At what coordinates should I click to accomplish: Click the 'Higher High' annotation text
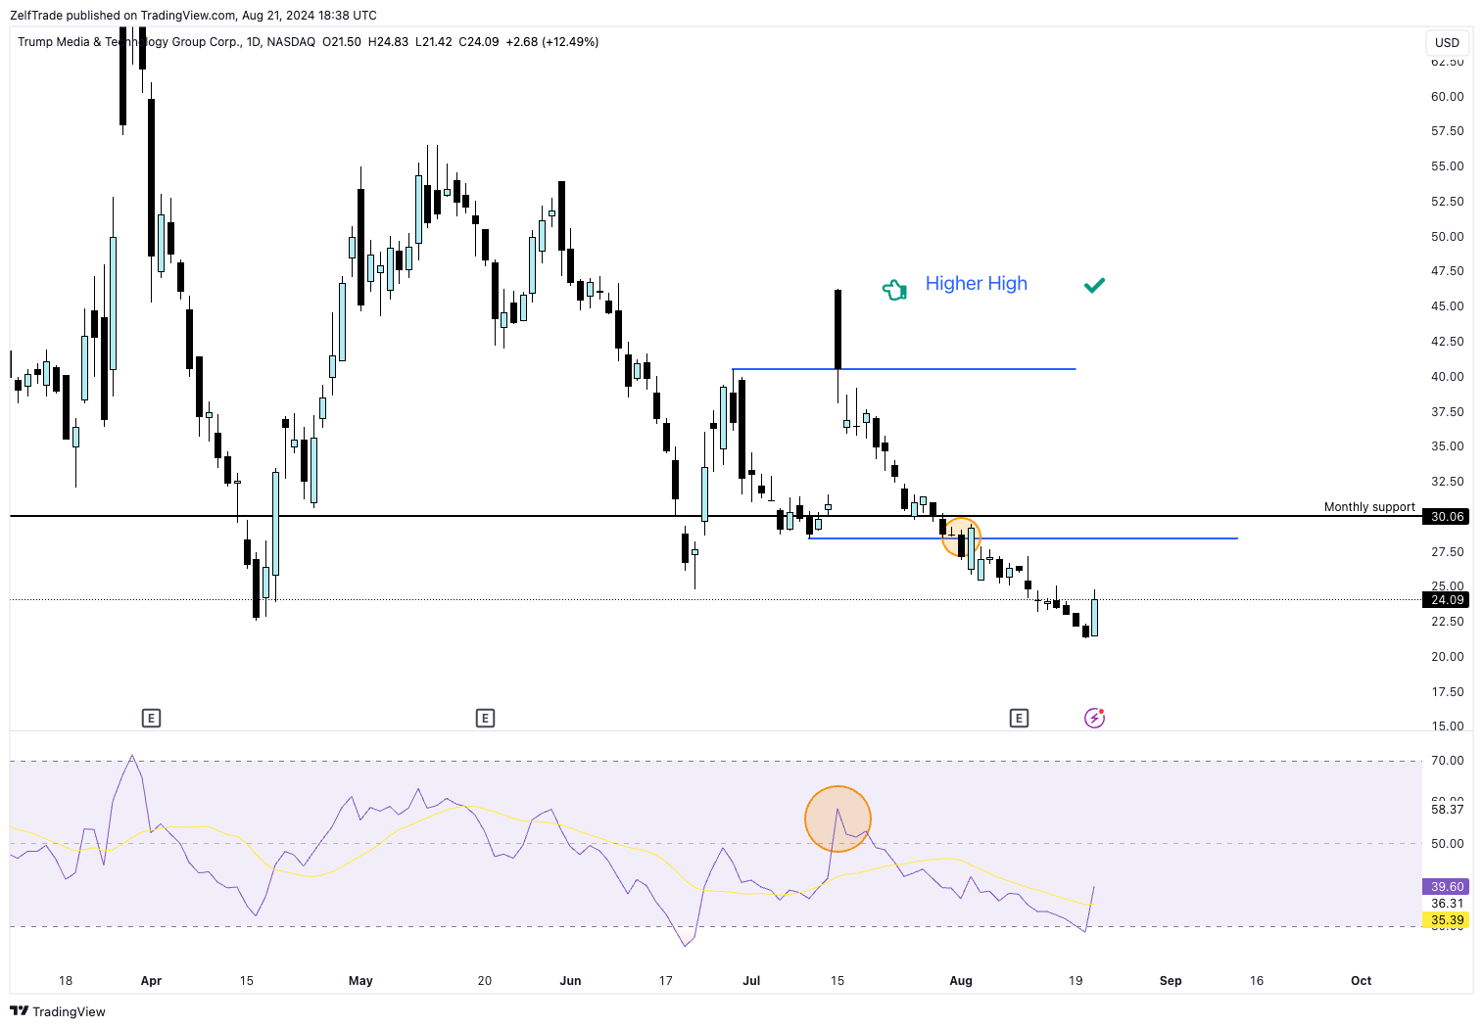point(976,284)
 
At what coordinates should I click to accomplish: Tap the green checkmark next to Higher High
point(1094,285)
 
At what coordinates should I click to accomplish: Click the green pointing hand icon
point(894,289)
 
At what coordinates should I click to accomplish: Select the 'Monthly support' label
point(1368,507)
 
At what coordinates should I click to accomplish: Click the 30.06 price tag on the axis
point(1447,517)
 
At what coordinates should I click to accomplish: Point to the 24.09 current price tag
point(1447,600)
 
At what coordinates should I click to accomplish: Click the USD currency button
point(1447,43)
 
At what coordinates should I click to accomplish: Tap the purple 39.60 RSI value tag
point(1447,887)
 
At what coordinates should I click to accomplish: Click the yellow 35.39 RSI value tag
point(1447,920)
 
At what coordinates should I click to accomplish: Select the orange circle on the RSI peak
point(837,818)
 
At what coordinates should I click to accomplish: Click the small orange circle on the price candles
point(961,537)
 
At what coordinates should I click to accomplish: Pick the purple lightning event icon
point(1094,719)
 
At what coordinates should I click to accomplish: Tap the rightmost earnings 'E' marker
point(1019,719)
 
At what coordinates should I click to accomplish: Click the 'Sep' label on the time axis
point(1171,981)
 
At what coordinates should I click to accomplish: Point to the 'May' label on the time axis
point(360,981)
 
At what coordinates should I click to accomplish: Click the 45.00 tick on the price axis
point(1447,306)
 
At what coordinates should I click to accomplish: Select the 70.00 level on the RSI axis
point(1447,761)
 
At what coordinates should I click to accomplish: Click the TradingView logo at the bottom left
point(58,1011)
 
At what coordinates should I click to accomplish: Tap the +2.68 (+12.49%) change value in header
point(551,42)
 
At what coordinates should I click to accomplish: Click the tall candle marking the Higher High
point(837,329)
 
